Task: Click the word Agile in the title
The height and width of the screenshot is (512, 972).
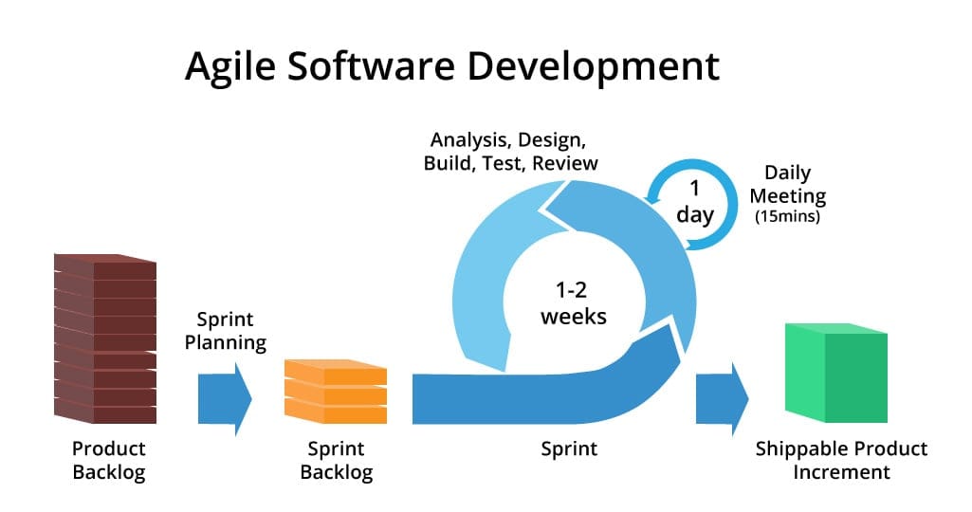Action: tap(231, 68)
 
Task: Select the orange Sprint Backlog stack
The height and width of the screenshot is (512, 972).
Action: tap(337, 391)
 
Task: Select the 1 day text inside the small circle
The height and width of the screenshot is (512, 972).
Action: tap(695, 202)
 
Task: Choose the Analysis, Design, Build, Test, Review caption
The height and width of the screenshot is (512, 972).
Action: tap(511, 153)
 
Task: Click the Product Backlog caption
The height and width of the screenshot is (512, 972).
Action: tap(109, 460)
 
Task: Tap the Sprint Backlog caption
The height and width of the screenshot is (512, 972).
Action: tap(337, 460)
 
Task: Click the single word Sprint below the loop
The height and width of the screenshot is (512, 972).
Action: tap(569, 448)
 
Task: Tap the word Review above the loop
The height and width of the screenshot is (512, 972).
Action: tap(565, 163)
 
